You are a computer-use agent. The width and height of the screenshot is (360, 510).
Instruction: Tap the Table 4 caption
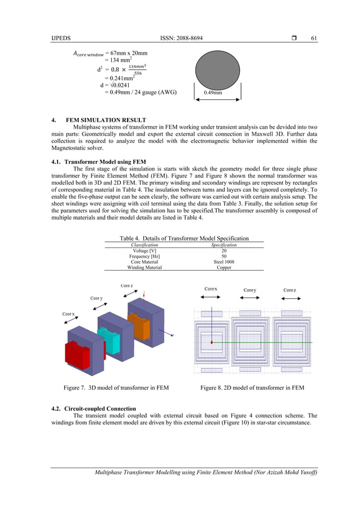pyautogui.click(x=184, y=238)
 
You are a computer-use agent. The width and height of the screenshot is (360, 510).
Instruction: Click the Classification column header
pyautogui.click(x=144, y=245)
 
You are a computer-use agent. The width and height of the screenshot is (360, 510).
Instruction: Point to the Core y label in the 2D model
pyautogui.click(x=250, y=290)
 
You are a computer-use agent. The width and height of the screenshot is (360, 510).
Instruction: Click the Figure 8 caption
pyautogui.click(x=252, y=387)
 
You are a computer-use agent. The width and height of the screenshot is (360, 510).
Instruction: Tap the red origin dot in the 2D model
pyautogui.click(x=212, y=342)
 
